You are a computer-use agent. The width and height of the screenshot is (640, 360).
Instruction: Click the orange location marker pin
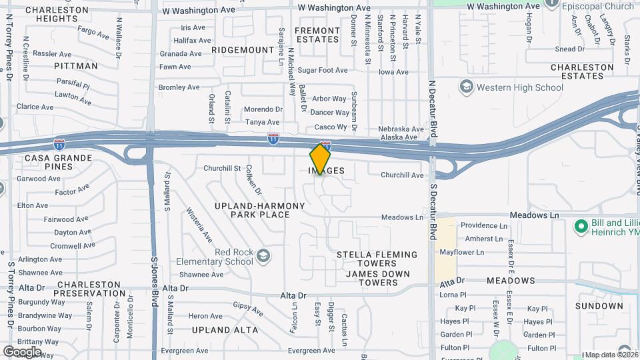320,159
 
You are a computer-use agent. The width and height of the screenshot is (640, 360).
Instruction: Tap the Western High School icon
466,87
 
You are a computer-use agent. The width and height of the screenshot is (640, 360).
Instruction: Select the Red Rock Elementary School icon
263,256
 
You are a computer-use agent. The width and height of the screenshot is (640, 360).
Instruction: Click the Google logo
22,351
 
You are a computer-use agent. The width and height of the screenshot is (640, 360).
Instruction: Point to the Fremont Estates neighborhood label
317,35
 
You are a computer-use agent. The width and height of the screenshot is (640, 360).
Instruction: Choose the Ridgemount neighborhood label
243,50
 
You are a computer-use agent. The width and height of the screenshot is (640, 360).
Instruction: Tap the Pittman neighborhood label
76,66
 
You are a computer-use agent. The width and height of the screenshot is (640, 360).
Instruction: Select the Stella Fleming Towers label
377,259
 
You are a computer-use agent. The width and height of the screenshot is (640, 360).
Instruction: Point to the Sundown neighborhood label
599,306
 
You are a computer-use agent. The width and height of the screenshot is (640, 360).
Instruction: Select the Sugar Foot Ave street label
323,70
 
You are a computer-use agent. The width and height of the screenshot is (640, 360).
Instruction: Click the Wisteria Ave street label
199,225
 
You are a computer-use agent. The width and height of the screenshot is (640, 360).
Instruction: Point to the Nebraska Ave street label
401,129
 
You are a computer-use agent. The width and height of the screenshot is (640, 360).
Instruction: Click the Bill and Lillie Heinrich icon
580,227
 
